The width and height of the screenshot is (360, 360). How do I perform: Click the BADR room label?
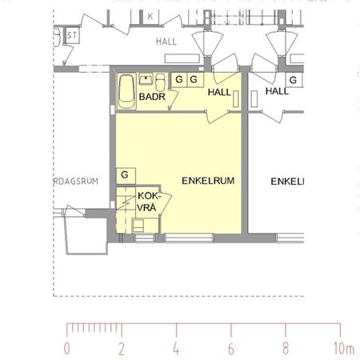click(x=151, y=97)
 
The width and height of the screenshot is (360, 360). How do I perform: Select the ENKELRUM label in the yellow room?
click(x=207, y=182)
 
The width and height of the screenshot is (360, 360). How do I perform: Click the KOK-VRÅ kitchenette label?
click(x=149, y=202)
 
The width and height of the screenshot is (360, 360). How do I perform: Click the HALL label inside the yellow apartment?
click(x=219, y=93)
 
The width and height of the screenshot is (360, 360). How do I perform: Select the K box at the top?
click(x=150, y=16)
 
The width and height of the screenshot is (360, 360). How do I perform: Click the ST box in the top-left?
click(x=71, y=34)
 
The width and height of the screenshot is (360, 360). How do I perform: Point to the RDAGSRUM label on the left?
click(x=76, y=182)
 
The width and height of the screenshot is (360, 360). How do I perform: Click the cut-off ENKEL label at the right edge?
click(x=286, y=182)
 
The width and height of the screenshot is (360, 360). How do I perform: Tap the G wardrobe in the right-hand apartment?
click(x=294, y=80)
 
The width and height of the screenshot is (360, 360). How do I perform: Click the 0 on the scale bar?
click(x=66, y=348)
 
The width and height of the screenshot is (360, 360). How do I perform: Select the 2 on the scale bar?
click(x=121, y=348)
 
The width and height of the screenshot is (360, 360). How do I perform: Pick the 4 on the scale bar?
click(x=176, y=348)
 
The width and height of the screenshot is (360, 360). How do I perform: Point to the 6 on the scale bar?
click(x=230, y=348)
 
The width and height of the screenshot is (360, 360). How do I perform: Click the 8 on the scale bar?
click(x=286, y=348)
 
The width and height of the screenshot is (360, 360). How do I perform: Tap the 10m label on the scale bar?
click(x=343, y=348)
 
